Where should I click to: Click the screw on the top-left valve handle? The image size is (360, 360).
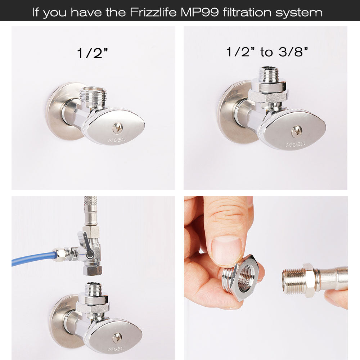tap(117, 127)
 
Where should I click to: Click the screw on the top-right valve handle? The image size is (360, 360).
tap(297, 131)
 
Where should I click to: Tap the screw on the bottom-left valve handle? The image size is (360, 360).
tap(117, 337)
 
